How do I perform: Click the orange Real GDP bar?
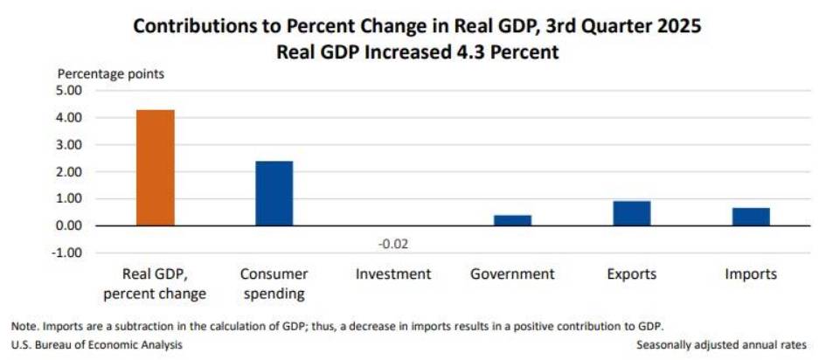click(x=155, y=168)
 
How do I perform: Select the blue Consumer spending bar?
click(x=274, y=193)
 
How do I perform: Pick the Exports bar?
click(x=631, y=213)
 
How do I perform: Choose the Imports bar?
click(x=751, y=217)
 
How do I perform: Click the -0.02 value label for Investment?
click(x=393, y=243)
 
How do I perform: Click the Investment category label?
click(x=393, y=274)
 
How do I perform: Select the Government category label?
click(x=512, y=274)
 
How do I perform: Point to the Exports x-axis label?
click(x=631, y=274)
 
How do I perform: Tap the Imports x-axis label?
click(x=751, y=274)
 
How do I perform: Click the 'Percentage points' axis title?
click(x=111, y=73)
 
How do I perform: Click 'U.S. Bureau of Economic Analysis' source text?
click(x=97, y=345)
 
